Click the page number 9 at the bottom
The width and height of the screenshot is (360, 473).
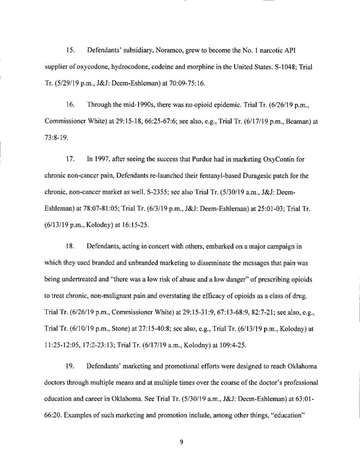click(x=181, y=443)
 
